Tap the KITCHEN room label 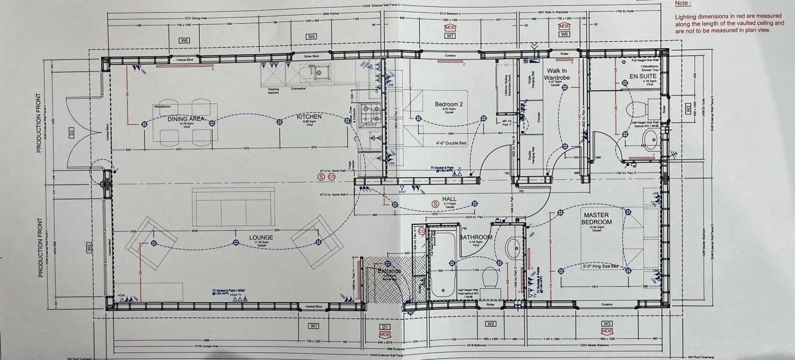point(309,117)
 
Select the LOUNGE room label point(261,238)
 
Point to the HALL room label point(449,199)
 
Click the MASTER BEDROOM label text point(596,218)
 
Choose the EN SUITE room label point(643,76)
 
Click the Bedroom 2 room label point(449,104)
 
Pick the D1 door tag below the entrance point(385,327)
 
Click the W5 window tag point(89,246)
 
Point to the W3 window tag point(607,323)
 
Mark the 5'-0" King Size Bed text point(600,266)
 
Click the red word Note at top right point(683,3)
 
